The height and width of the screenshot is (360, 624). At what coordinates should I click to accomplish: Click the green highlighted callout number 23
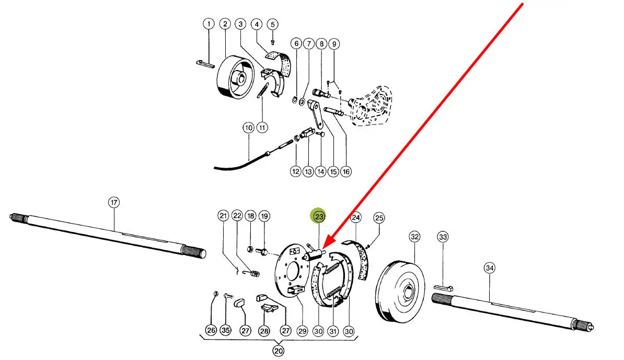[318, 216]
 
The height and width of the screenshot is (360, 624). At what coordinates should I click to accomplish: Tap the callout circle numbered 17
[114, 202]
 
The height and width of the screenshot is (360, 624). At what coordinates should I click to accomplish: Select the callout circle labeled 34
[489, 268]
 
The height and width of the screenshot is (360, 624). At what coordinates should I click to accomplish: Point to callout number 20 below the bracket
[279, 351]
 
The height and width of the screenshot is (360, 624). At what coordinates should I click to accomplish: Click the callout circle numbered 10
[248, 127]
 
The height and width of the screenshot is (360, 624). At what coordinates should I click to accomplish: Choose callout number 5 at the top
[272, 24]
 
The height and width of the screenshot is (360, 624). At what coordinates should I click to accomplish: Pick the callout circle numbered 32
[414, 237]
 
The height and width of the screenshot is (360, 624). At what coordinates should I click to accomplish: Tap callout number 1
[209, 24]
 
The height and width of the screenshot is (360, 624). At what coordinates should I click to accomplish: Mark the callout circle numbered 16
[345, 171]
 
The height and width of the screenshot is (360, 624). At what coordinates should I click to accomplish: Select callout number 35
[225, 330]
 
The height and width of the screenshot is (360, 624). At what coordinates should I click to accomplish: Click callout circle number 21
[224, 216]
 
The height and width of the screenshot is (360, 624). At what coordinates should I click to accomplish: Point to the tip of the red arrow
[323, 250]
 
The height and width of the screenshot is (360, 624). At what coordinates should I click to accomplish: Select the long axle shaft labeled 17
[105, 233]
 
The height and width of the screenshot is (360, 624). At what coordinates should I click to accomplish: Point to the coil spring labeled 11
[264, 91]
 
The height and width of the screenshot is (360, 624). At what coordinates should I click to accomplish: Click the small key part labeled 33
[445, 287]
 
